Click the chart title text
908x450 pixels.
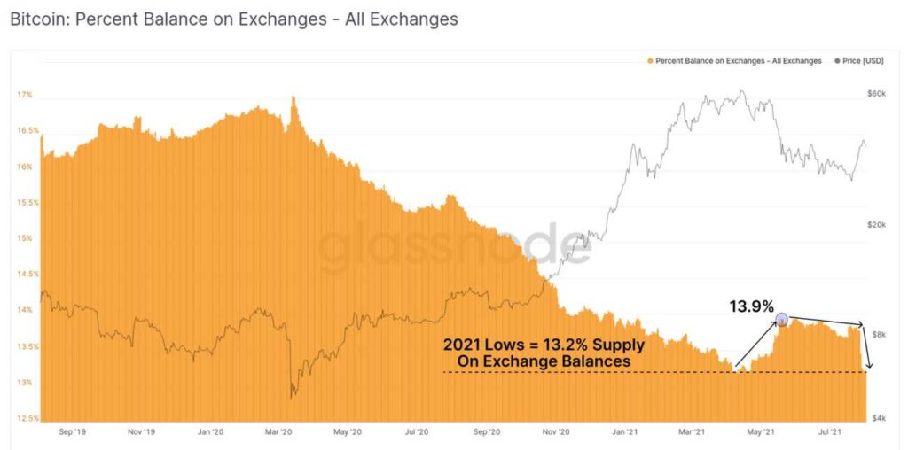coord(234,19)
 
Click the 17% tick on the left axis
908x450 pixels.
coord(24,95)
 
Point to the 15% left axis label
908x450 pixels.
coord(24,238)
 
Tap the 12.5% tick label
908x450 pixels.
coord(25,418)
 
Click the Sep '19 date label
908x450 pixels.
coord(72,432)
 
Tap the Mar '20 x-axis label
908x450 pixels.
coord(278,432)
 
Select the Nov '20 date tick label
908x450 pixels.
coord(555,432)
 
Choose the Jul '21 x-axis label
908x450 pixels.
coord(830,432)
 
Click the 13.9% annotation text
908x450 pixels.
coord(752,306)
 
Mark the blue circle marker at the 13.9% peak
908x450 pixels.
coord(781,319)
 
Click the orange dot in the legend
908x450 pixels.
coord(651,61)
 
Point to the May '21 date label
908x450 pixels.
coord(761,432)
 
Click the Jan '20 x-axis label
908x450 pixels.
coord(210,432)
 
